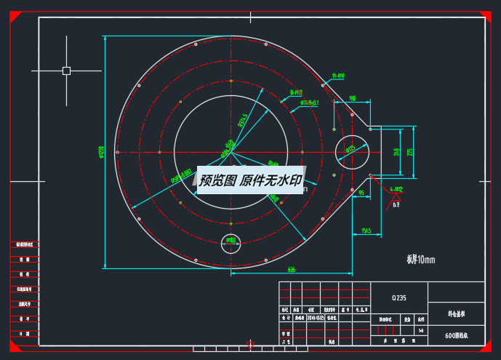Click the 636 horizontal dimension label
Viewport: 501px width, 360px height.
click(292, 270)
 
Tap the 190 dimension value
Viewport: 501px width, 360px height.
click(353, 98)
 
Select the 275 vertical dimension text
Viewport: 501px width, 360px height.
click(410, 152)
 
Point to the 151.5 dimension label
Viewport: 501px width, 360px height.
click(366, 231)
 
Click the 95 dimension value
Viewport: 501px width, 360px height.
click(361, 193)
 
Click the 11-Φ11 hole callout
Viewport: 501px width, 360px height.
click(338, 76)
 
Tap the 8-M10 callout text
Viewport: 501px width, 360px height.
click(296, 92)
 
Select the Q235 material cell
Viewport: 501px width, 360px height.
click(399, 297)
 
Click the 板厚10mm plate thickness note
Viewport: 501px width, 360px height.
click(420, 259)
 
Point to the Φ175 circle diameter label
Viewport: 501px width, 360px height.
click(350, 150)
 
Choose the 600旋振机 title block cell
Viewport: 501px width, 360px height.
click(457, 336)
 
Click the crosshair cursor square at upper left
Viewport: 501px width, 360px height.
click(66, 71)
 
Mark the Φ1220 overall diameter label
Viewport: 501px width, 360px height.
click(101, 152)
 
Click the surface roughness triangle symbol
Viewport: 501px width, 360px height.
click(396, 199)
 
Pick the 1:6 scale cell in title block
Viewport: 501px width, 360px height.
click(421, 330)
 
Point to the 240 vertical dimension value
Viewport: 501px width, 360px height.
click(397, 152)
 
